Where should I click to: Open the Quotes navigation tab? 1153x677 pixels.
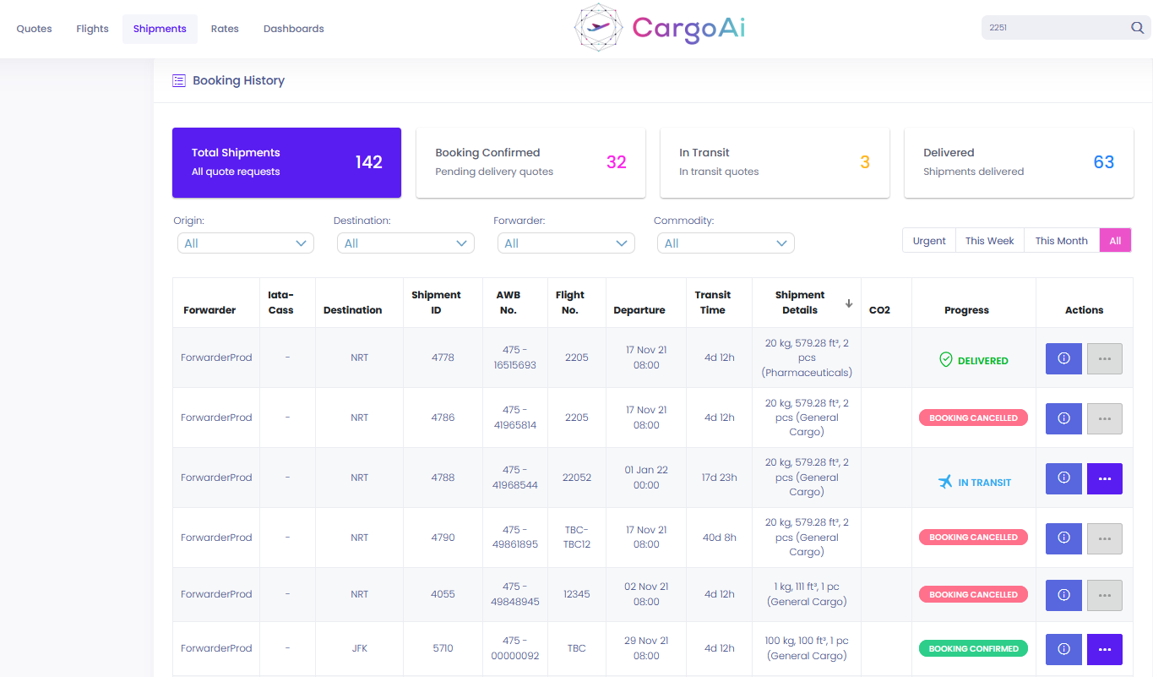[34, 29]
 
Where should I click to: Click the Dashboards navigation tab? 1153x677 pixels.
[293, 29]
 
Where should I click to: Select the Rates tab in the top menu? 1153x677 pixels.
[225, 29]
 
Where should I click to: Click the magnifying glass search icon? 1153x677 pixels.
[1137, 27]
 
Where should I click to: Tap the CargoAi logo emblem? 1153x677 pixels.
[598, 27]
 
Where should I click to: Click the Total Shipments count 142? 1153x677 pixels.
[368, 162]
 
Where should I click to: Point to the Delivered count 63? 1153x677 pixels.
[1103, 162]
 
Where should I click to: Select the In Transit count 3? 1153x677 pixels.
[865, 162]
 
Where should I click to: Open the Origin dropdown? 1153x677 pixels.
[246, 243]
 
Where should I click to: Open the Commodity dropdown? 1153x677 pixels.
[726, 243]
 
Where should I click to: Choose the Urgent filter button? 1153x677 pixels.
[929, 241]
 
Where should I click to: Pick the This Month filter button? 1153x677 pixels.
[1062, 241]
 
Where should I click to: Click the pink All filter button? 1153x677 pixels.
[1115, 241]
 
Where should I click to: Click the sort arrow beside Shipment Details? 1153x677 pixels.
[849, 303]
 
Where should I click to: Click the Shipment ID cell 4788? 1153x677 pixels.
[443, 478]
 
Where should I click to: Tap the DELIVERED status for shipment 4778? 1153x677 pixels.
[973, 360]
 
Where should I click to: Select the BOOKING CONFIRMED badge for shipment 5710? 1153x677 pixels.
[973, 648]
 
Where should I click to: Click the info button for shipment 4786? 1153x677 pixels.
[1063, 418]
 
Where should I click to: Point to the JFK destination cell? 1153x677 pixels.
[359, 648]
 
